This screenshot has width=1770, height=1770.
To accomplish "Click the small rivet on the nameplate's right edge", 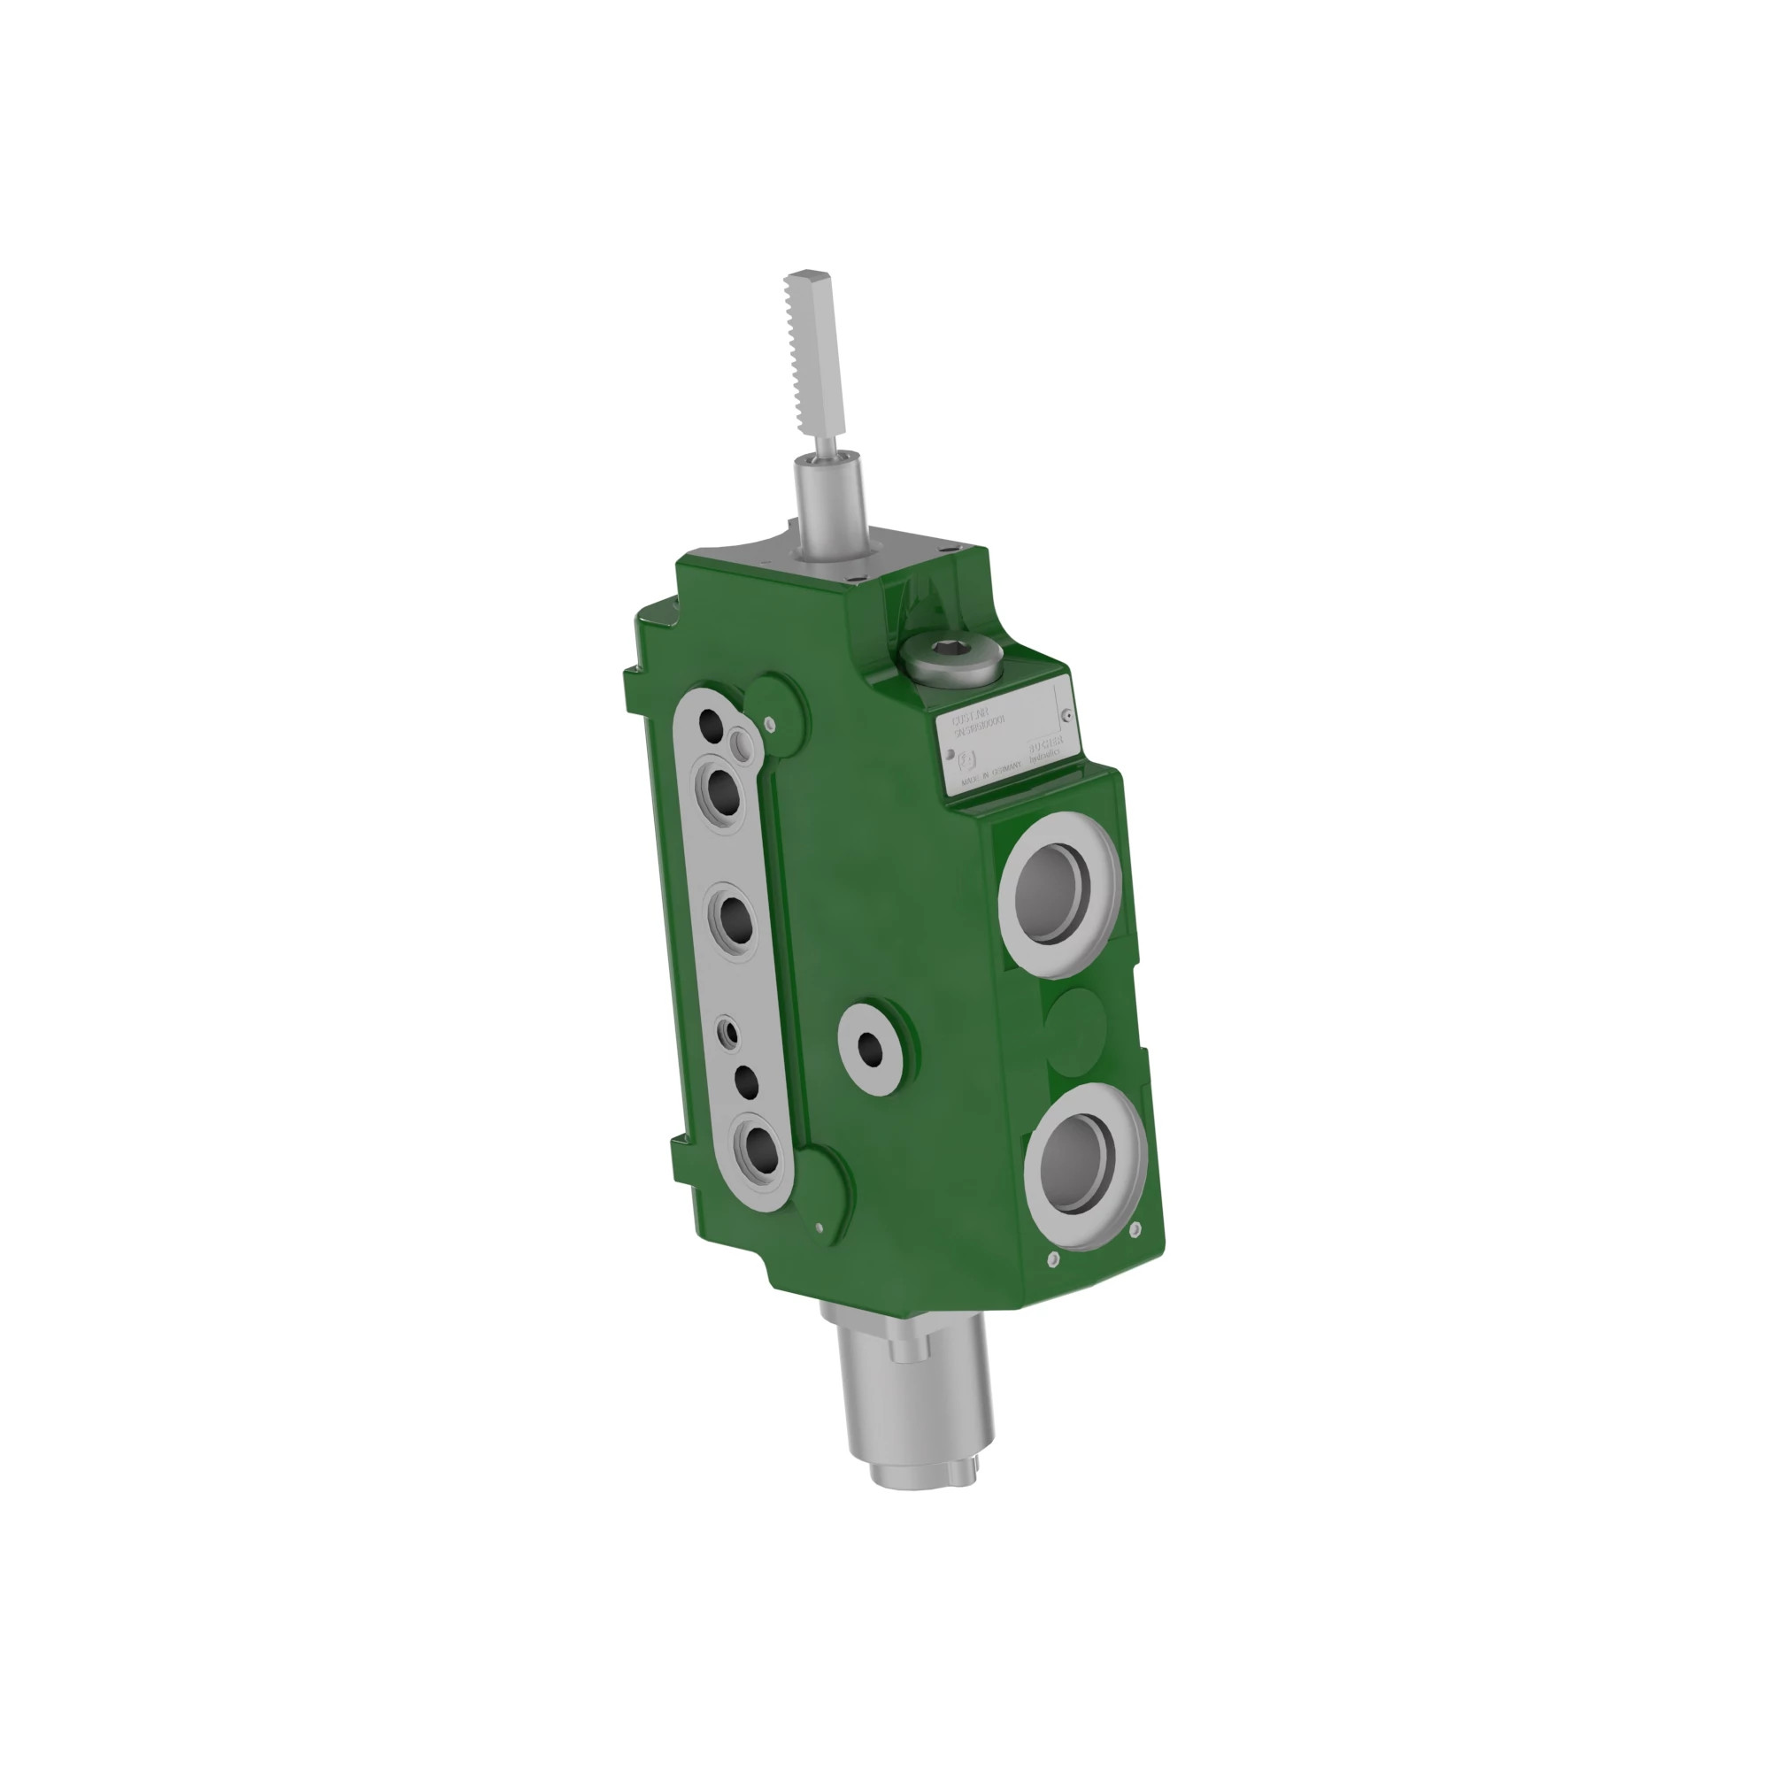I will [1066, 715].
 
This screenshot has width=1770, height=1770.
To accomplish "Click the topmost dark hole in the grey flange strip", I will [711, 724].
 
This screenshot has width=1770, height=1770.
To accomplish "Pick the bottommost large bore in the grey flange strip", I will [758, 1147].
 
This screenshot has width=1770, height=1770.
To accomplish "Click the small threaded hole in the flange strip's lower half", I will [730, 1033].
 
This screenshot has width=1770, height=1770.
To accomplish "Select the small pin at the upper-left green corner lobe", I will [770, 723].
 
